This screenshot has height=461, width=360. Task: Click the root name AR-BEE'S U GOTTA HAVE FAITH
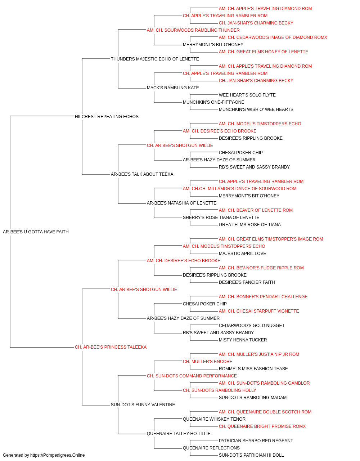[x=36, y=232]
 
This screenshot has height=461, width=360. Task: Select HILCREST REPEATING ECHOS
[x=107, y=116]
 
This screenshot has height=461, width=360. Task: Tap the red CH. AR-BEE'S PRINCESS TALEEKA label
[x=111, y=347]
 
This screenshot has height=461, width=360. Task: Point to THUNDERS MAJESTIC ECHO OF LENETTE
[x=155, y=59]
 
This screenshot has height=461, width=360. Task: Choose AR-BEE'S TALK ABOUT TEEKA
[x=142, y=174]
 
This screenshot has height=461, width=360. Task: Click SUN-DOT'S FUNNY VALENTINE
[x=143, y=405]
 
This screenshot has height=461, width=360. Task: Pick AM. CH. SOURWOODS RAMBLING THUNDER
[x=193, y=30]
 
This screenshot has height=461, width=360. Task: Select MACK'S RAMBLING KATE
[x=173, y=88]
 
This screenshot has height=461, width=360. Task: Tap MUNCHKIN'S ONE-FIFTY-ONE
[x=213, y=102]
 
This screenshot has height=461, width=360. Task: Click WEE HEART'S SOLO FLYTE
[x=247, y=95]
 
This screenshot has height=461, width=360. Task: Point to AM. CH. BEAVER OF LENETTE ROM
[x=256, y=210]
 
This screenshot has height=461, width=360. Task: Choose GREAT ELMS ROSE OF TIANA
[x=250, y=225]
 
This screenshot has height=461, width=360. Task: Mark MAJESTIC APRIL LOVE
[x=242, y=254]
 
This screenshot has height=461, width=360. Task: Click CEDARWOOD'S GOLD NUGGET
[x=252, y=326]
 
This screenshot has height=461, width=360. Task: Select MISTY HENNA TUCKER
[x=243, y=340]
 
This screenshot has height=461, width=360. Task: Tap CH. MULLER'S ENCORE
[x=208, y=362]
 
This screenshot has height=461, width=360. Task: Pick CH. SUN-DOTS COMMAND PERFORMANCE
[x=192, y=376]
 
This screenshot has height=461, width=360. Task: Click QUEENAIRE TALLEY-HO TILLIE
[x=179, y=434]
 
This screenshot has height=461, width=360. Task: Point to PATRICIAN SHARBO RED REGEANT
[x=256, y=441]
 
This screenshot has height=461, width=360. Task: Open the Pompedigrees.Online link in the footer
[x=57, y=455]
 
